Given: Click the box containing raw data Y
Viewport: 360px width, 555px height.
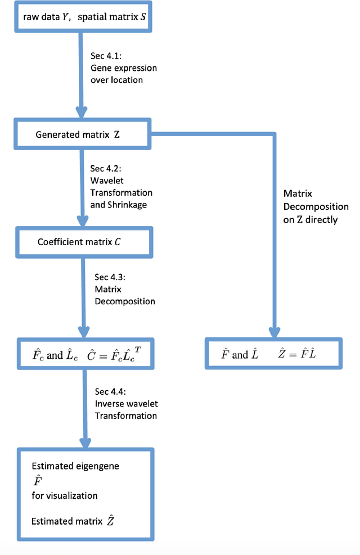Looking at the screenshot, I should [x=84, y=17].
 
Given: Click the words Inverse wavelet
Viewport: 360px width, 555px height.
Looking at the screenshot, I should [x=126, y=403].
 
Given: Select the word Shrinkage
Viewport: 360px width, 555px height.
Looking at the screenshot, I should [x=118, y=205].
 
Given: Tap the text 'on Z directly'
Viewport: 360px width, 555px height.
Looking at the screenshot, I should [x=310, y=219].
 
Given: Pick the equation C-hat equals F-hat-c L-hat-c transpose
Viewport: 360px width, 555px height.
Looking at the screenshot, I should [x=111, y=355].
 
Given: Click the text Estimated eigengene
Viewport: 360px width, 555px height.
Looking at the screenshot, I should [x=75, y=466].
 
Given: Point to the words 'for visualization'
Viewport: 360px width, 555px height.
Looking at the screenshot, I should [x=65, y=495].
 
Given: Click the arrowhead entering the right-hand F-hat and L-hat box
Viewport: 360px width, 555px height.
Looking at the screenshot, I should [x=274, y=331].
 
